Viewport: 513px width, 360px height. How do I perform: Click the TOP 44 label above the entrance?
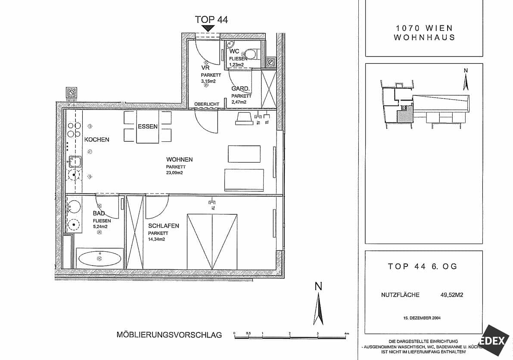[211, 19]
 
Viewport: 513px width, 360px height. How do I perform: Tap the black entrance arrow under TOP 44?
[209, 28]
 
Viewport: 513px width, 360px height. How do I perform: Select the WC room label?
[234, 51]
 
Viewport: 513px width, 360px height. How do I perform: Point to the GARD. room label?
[241, 89]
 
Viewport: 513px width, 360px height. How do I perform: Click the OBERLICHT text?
[207, 104]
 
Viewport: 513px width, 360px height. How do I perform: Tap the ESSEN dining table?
[148, 127]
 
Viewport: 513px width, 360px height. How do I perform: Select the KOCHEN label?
[96, 140]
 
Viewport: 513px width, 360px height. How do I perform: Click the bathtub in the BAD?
[99, 259]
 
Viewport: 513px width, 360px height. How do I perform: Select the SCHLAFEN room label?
[163, 226]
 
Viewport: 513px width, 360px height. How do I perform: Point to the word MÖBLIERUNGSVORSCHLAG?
[169, 335]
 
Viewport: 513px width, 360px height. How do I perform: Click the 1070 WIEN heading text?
[424, 28]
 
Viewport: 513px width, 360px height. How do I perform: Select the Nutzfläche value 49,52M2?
[452, 295]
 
